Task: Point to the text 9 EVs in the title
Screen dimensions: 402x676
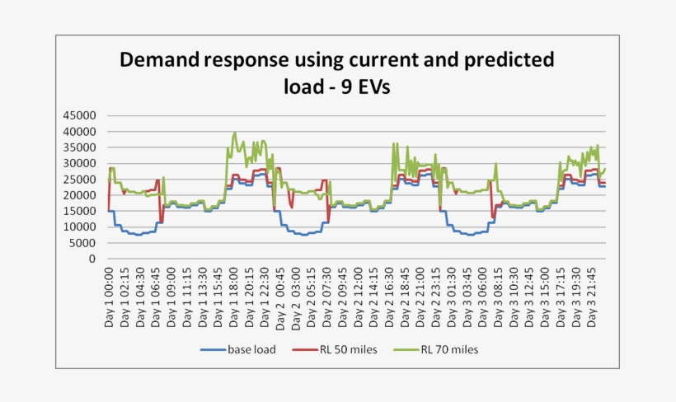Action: [360, 86]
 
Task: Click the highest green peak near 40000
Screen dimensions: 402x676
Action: [235, 132]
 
